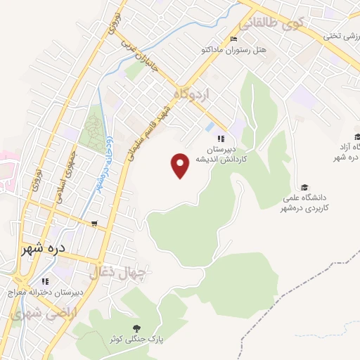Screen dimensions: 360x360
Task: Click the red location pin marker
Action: (x=181, y=165)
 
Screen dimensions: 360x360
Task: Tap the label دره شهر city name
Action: (x=42, y=249)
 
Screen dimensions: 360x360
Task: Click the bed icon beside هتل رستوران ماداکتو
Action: (x=234, y=39)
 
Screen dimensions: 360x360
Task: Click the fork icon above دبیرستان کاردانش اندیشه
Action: (x=221, y=139)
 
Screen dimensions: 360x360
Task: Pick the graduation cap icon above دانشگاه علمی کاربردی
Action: (x=304, y=187)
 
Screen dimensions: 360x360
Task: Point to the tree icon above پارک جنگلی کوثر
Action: (x=136, y=328)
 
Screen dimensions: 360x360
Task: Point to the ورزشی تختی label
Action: (x=341, y=34)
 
